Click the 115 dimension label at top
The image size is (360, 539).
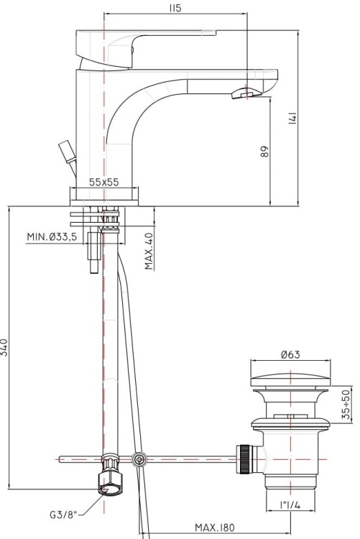[x=175, y=8]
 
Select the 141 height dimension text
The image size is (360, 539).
[x=292, y=117]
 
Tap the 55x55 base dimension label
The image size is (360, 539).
[x=104, y=183]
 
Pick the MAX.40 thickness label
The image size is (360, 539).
[x=149, y=250]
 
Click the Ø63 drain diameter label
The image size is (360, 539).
[x=290, y=354]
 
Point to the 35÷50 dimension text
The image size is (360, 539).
[x=346, y=405]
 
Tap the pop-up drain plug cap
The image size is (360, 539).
[x=290, y=381]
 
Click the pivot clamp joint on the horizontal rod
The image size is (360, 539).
[x=139, y=459]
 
